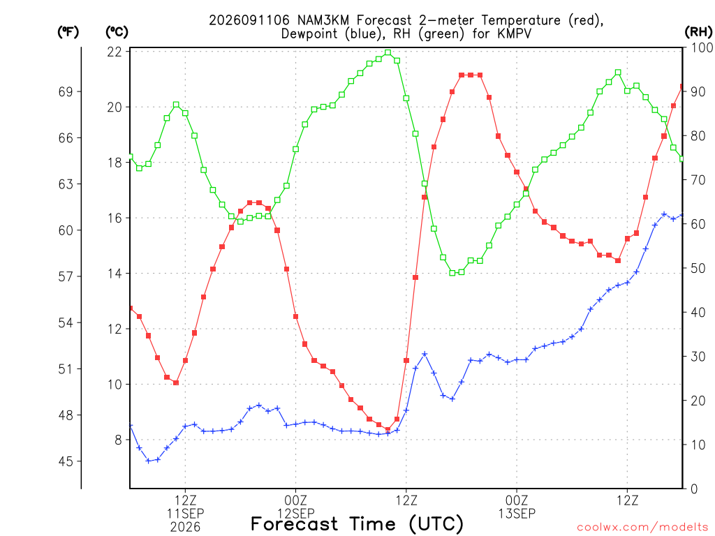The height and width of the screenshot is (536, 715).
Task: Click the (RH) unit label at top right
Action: coord(698,32)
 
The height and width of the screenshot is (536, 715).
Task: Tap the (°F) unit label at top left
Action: coord(68,32)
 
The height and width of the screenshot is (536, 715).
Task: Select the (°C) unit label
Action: coord(117,32)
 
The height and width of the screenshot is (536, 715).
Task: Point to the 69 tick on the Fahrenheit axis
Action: coord(66,91)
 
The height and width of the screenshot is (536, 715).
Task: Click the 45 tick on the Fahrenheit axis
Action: coord(66,461)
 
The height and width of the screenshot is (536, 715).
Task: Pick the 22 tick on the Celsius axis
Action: coord(115,52)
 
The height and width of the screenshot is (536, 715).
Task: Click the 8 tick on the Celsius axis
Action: coord(119,440)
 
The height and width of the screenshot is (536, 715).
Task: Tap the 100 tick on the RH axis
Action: coord(702,47)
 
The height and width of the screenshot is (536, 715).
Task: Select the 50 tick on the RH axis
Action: coord(698,268)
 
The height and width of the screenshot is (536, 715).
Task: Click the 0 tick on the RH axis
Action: coord(694,489)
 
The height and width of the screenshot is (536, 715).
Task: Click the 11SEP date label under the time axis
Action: coord(185,513)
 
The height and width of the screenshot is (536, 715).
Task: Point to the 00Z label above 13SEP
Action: coord(517,500)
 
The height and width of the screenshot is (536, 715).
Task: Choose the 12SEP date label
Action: coord(296,513)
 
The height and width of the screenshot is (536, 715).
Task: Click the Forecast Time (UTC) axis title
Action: coord(357,523)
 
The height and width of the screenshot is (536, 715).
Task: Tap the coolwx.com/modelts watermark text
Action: coord(642,527)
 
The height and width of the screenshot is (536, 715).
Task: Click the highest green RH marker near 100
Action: coord(388,52)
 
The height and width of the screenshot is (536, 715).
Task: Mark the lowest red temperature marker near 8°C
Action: coord(388,429)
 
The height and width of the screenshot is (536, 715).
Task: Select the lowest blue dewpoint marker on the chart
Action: coord(148,461)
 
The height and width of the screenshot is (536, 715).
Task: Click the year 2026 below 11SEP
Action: coord(185,527)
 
